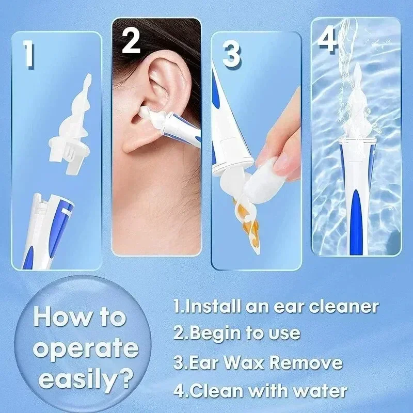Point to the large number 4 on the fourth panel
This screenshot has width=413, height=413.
coord(327,39)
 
